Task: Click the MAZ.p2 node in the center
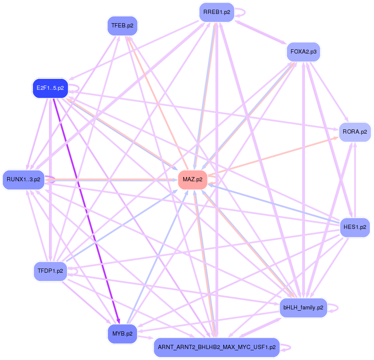[x=192, y=180]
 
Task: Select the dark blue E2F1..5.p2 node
[x=50, y=88]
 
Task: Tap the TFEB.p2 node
[x=122, y=26]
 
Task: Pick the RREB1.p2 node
[x=216, y=12]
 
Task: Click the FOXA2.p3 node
[x=303, y=52]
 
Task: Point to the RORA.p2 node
[x=355, y=132]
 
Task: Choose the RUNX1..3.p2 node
[x=24, y=180]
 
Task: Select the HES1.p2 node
[x=355, y=227]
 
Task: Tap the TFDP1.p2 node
[x=50, y=271]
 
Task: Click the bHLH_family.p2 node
[x=303, y=308]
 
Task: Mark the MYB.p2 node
[x=122, y=333]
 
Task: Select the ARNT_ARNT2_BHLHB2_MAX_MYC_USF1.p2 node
[x=216, y=347]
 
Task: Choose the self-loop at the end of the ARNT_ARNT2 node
[x=287, y=347]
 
